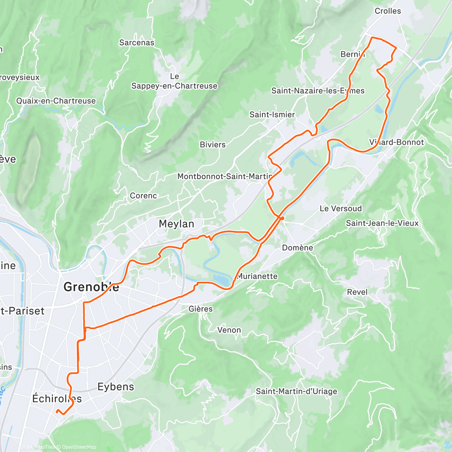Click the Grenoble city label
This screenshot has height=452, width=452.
(91, 287)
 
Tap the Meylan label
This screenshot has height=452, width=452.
(176, 224)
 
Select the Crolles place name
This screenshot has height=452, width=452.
(388, 11)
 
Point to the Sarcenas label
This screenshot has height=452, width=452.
(137, 43)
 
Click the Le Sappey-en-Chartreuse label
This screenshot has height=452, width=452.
(174, 81)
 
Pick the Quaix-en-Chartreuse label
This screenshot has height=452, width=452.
(56, 101)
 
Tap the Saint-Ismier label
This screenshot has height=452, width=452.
(272, 115)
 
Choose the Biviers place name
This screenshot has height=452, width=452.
(212, 145)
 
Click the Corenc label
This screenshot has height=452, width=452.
(143, 196)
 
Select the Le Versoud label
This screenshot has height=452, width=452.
(341, 209)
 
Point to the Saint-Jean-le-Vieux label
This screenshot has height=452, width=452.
(382, 223)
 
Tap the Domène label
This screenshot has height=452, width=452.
(298, 247)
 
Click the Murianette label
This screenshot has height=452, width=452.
(257, 276)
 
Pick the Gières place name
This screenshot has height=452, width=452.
(201, 309)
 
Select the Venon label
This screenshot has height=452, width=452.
(229, 330)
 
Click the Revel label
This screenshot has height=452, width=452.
(357, 292)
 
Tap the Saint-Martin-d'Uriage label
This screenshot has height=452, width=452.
(296, 391)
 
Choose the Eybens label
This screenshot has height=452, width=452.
(116, 387)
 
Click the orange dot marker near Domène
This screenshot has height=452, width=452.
(282, 218)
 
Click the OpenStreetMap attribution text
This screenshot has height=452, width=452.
(79, 447)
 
